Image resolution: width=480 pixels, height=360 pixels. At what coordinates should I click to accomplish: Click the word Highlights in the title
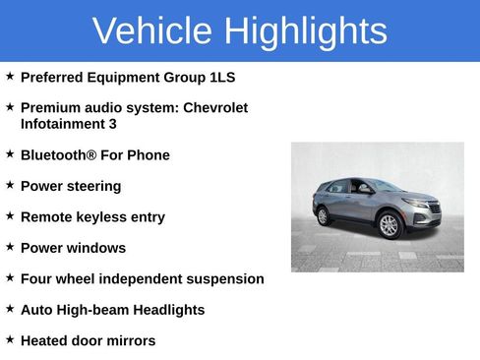click(305, 31)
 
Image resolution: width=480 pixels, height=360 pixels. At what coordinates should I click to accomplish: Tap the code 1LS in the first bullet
click(222, 77)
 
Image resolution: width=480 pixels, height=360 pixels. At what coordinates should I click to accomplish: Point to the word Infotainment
click(63, 124)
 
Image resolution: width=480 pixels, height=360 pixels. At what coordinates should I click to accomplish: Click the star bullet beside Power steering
click(10, 184)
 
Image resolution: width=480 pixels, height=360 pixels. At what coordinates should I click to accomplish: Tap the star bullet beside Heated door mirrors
click(10, 338)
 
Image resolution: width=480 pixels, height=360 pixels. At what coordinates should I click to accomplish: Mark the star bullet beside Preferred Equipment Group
click(10, 75)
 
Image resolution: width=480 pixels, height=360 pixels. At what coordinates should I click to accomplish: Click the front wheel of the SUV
click(390, 225)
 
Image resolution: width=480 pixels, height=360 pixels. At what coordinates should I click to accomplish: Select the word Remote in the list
click(46, 217)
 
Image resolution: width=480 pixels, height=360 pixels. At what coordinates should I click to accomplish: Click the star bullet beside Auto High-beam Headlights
click(10, 308)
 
